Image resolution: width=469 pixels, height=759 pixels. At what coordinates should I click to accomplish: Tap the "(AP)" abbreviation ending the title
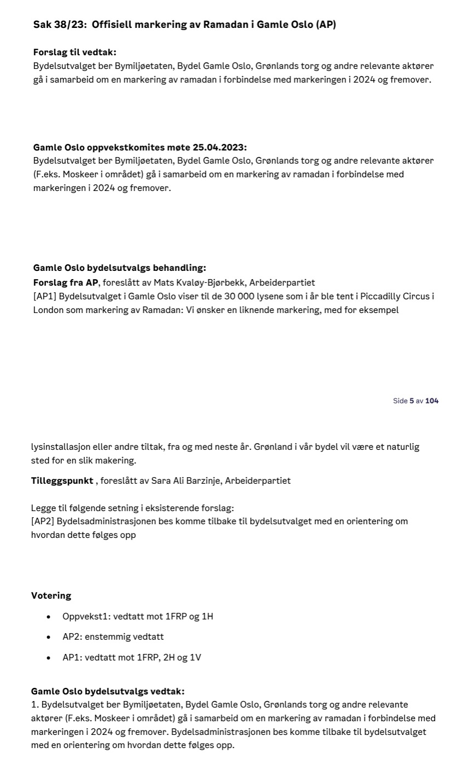[x=326, y=25]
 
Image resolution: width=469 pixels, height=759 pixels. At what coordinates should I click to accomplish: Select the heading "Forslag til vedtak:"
[x=75, y=53]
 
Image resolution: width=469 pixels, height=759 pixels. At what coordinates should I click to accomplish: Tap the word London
[x=48, y=310]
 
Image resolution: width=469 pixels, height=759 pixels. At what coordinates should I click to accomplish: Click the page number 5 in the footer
[x=412, y=401]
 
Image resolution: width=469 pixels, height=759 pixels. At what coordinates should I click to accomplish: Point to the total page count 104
[x=432, y=401]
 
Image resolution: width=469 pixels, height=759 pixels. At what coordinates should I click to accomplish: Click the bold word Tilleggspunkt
[x=62, y=480]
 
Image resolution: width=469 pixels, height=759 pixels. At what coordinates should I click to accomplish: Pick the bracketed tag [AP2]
[x=43, y=521]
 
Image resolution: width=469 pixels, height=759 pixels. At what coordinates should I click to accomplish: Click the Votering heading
[x=51, y=595]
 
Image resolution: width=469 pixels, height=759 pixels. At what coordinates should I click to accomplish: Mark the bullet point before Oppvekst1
[x=49, y=617]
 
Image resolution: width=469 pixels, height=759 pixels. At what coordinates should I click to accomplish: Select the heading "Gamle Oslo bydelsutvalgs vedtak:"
[x=108, y=691]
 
